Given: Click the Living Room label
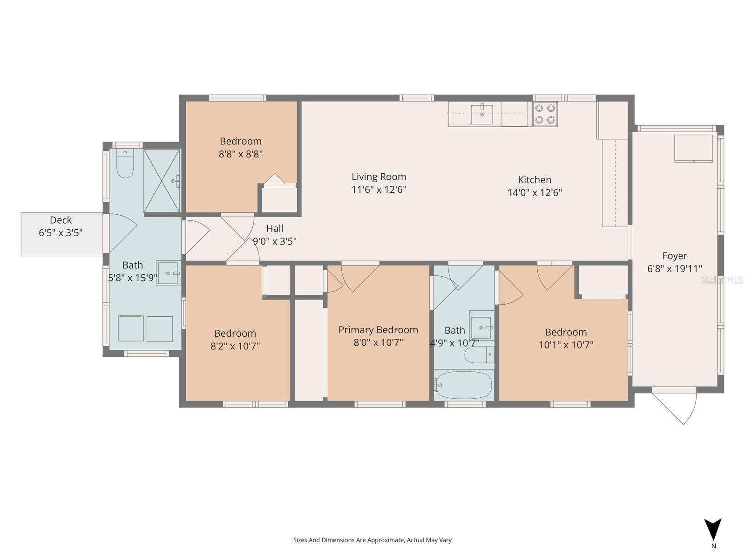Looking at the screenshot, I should [x=379, y=177].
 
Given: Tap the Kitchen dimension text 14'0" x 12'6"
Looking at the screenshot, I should [x=535, y=192].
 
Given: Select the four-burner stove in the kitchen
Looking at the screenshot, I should [x=545, y=114].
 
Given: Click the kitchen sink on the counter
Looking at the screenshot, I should [x=482, y=115].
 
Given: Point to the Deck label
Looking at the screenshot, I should [x=61, y=220].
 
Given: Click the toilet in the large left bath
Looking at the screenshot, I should [x=125, y=164].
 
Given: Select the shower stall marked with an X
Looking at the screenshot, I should [x=162, y=181].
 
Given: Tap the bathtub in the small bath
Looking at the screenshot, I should [x=464, y=385].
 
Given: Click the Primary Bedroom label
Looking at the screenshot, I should [x=378, y=330].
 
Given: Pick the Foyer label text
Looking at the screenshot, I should [x=674, y=256].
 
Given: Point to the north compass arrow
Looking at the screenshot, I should [x=713, y=530].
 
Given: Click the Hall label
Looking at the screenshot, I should [x=275, y=228].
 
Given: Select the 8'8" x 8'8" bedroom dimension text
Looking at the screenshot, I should [x=241, y=154].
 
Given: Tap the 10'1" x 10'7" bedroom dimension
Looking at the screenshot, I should [x=566, y=345].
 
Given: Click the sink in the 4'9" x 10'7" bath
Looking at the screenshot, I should [x=481, y=325].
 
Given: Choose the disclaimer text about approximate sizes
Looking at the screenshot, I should [x=372, y=540].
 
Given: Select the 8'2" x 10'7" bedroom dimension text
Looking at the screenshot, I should [x=235, y=346].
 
